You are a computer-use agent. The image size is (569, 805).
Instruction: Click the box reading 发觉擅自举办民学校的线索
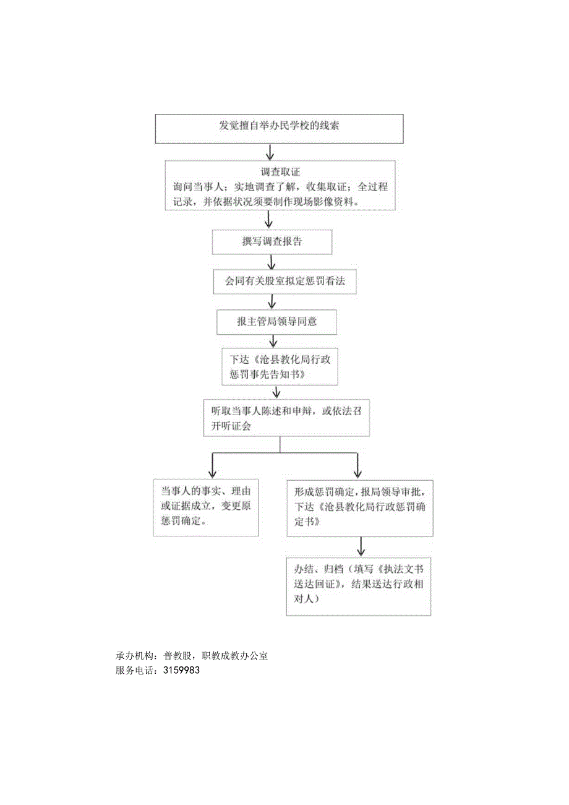point(279,129)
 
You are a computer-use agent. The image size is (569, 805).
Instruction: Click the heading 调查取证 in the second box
point(280,171)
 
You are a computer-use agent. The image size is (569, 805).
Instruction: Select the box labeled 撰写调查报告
point(272,242)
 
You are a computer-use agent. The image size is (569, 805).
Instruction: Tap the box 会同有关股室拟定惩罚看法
point(284,282)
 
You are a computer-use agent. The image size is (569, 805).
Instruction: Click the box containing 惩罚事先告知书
point(280,368)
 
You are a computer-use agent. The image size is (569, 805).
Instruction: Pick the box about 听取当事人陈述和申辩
point(286,418)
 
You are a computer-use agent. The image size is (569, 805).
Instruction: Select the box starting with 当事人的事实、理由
point(206,507)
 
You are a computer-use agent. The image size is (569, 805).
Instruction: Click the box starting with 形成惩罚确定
point(359,507)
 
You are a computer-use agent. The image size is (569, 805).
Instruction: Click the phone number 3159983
point(181,670)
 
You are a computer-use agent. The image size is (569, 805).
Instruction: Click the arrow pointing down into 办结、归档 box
point(361,546)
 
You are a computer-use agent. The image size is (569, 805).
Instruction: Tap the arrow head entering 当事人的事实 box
point(212,473)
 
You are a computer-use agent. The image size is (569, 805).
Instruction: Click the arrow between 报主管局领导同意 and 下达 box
point(273,341)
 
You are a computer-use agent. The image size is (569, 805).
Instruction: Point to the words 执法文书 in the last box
point(404,568)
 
